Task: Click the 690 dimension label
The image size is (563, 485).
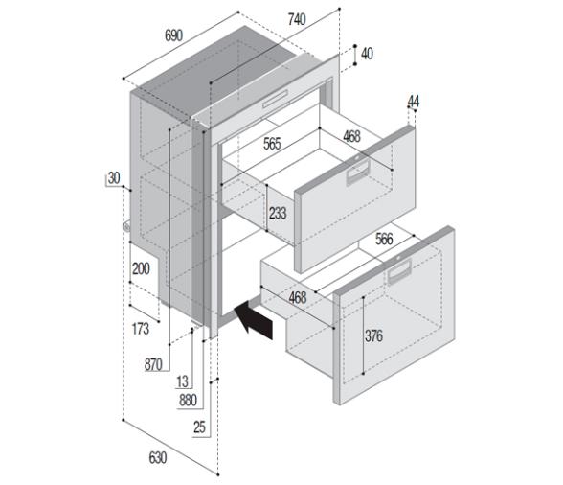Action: (173, 35)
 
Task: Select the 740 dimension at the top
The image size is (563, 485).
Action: (296, 19)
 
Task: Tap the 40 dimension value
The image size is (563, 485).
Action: (367, 54)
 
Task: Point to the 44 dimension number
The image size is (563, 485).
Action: (414, 101)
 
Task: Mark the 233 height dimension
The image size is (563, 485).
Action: (278, 213)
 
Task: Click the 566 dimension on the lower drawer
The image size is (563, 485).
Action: (383, 240)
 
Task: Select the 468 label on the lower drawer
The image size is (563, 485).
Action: (297, 298)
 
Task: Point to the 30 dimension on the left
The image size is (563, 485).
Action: (114, 178)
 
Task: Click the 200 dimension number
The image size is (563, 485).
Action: (141, 269)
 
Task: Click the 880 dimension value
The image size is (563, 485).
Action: (190, 400)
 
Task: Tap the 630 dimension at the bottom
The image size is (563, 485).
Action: (158, 457)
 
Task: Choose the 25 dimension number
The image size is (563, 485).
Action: (199, 427)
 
